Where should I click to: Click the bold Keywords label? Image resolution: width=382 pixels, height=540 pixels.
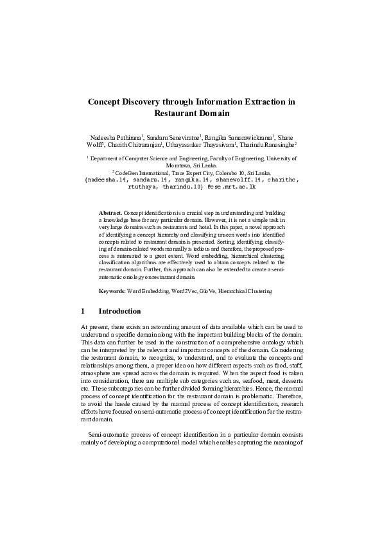112,291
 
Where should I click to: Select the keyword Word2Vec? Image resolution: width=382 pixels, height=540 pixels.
186,291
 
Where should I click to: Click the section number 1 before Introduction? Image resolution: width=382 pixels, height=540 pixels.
83,312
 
